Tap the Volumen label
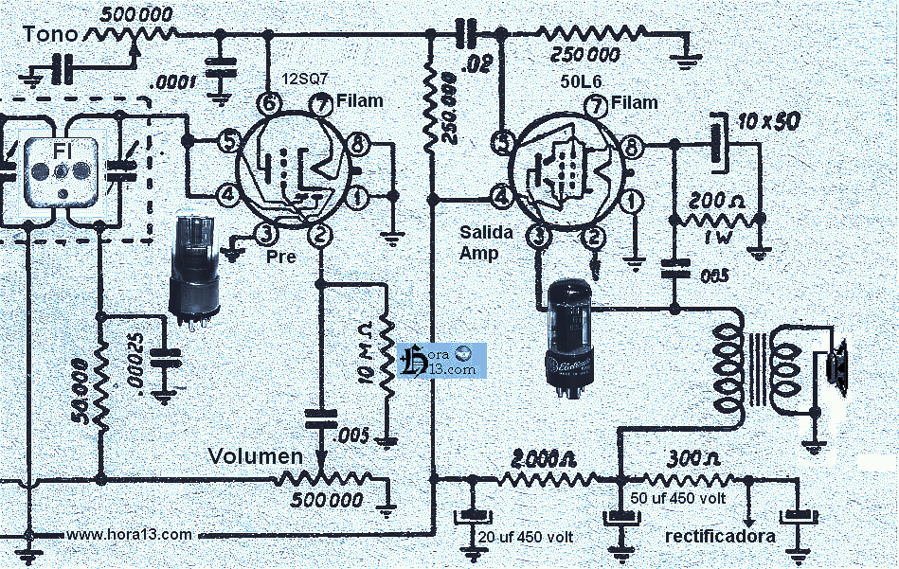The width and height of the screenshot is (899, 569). [x=255, y=457]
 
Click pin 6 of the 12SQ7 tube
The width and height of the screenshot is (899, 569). [x=269, y=103]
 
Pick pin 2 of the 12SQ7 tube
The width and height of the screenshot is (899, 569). [x=322, y=234]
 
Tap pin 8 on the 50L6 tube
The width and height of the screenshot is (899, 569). [x=630, y=146]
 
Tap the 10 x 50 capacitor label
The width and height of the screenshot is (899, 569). [x=768, y=122]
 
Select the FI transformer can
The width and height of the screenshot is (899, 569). [x=61, y=171]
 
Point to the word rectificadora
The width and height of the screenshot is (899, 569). [x=720, y=536]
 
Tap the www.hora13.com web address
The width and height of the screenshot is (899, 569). [x=130, y=535]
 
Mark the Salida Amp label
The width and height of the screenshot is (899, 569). [x=486, y=241]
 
